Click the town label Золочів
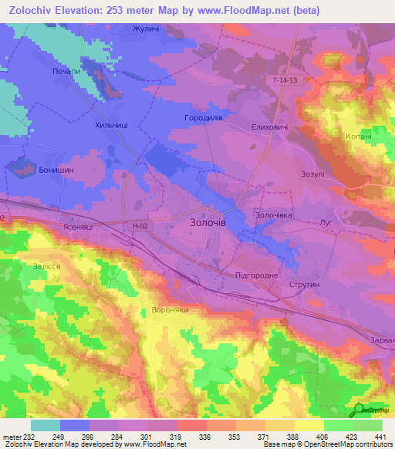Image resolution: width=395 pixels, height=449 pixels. pos(208,221)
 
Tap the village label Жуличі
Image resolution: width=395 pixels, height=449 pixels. pos(145,29)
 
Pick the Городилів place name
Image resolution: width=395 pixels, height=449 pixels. pos(204,118)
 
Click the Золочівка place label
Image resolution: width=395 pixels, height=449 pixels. pos(274,214)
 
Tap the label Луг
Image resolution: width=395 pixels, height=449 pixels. pos(326,221)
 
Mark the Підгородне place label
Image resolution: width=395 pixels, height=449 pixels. pos(256,275)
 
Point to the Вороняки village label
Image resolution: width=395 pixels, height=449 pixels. pos(166,309)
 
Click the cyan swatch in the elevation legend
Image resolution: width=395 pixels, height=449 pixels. pos(46,425)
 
